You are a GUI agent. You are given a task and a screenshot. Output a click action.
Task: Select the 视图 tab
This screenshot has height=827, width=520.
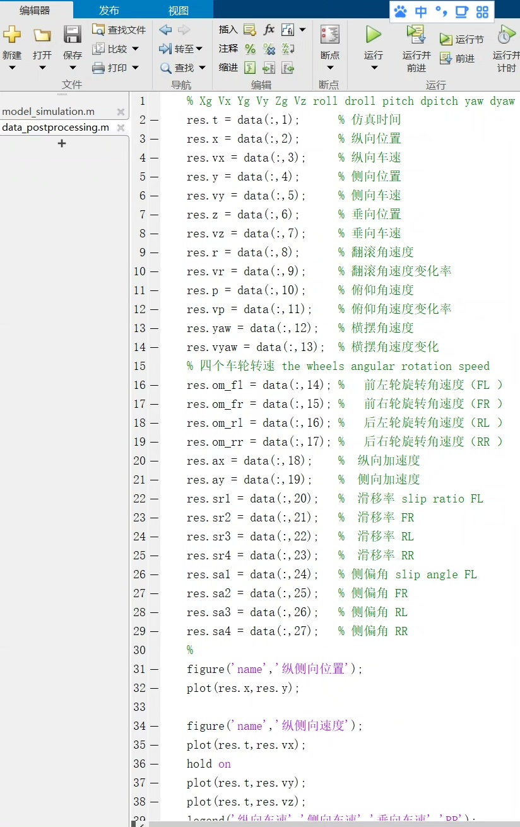click(x=179, y=10)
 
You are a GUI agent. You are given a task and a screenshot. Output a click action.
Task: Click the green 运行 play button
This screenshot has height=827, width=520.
click(x=374, y=35)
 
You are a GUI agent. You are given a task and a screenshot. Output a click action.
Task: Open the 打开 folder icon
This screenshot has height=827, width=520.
click(x=42, y=35)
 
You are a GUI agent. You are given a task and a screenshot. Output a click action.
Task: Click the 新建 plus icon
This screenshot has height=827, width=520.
click(x=12, y=35)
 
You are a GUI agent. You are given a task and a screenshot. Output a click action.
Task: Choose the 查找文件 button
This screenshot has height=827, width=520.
click(x=119, y=30)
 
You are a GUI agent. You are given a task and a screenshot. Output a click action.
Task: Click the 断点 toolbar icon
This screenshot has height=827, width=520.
click(x=329, y=35)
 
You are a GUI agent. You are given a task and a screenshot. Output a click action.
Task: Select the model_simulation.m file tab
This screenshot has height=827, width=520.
click(x=49, y=112)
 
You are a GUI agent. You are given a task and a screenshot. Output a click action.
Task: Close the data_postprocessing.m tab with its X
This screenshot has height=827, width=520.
click(x=121, y=128)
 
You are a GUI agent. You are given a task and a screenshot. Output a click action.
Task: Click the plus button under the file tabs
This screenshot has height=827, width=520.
click(x=62, y=144)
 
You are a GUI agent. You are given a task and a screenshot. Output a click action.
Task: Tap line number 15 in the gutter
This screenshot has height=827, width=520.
click(x=139, y=366)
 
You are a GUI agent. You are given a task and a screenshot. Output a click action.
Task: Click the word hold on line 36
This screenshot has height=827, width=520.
click(x=199, y=764)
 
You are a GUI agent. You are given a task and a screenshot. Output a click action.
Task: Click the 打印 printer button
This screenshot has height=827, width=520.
click(x=110, y=68)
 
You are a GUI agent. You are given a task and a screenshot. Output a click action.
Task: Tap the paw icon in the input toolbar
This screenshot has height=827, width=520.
click(x=400, y=11)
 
